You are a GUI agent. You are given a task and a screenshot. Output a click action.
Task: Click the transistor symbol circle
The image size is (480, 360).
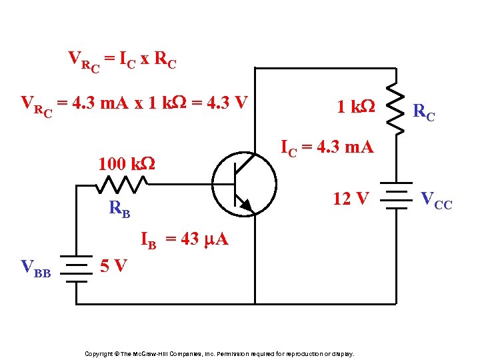(244, 181)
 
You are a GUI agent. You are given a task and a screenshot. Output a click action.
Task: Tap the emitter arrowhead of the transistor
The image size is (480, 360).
(246, 206)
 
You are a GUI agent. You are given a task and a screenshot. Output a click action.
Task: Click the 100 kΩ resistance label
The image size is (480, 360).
(126, 163)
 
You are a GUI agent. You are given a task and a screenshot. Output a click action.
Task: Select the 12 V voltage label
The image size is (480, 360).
(351, 198)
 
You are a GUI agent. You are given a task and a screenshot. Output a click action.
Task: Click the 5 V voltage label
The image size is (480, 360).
(113, 267)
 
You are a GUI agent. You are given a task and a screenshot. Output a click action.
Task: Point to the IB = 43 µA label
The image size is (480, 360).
(184, 240)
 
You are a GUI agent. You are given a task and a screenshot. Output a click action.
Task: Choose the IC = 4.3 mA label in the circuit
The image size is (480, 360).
(327, 147)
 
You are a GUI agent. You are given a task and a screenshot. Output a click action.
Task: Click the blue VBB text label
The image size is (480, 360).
(36, 268)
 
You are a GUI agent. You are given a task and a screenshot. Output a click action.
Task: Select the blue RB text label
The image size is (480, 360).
(119, 209)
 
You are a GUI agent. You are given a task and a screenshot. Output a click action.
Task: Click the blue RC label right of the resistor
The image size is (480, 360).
(425, 111)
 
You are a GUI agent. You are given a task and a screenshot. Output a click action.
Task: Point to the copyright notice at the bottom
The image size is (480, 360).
(219, 353)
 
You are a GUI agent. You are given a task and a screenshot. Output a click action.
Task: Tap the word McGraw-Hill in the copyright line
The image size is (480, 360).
(153, 353)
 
